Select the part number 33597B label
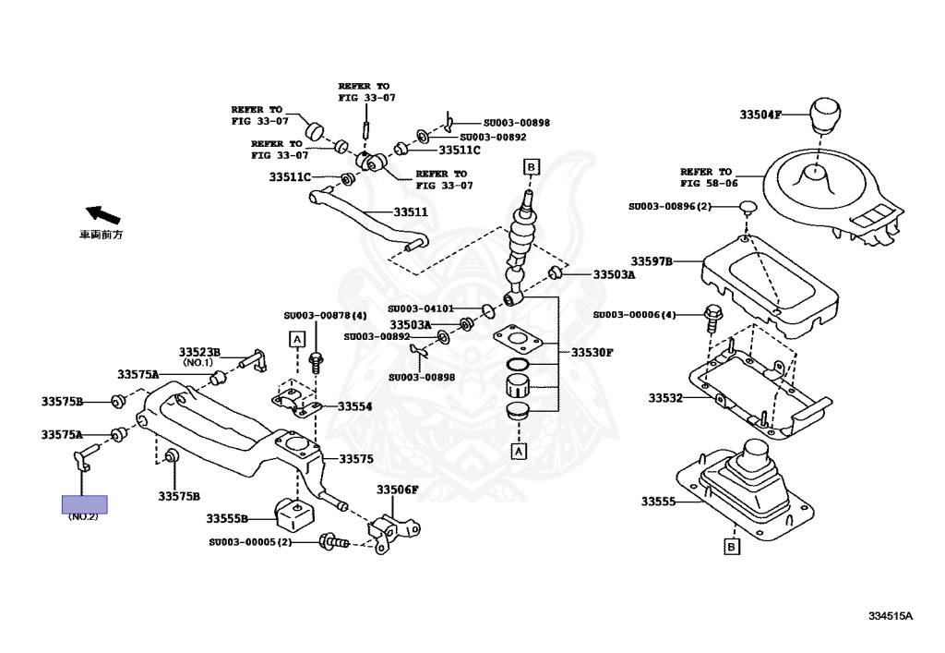tap(652, 261)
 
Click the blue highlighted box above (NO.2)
tap(84, 504)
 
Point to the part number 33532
tap(664, 398)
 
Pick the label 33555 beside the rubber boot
tap(659, 502)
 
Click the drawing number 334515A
tap(889, 615)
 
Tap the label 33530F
tap(592, 352)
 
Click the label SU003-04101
tap(420, 308)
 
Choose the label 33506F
tap(397, 490)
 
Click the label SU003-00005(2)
tap(249, 542)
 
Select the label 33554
tap(354, 406)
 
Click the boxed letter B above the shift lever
tap(531, 166)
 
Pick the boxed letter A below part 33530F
tap(519, 452)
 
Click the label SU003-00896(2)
tap(670, 206)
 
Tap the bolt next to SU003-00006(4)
tap(712, 316)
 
